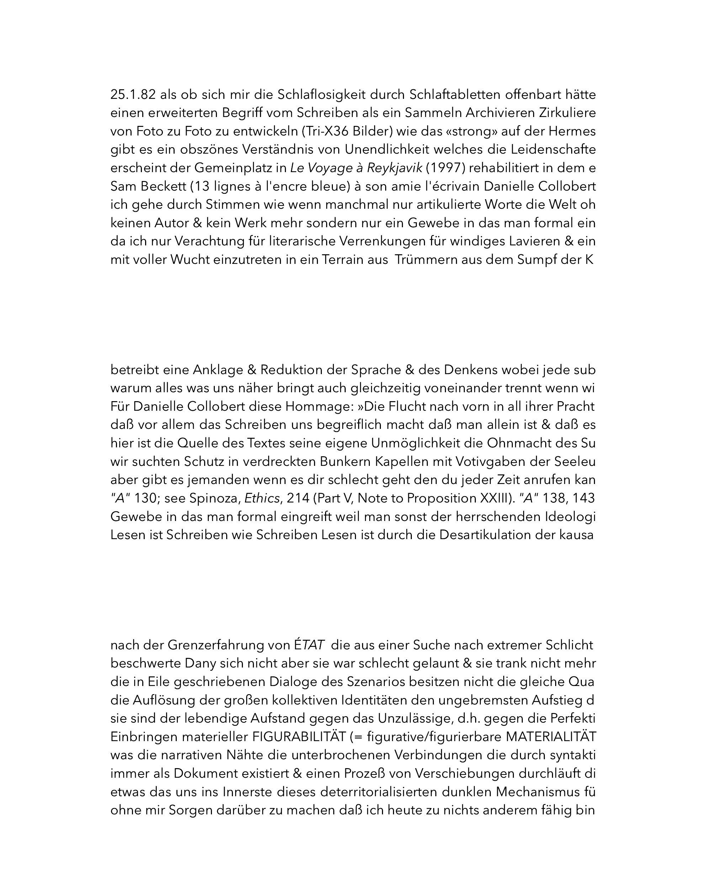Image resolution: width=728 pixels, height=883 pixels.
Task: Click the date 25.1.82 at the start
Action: tap(133, 95)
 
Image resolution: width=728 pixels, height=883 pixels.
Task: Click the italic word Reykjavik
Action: tap(394, 168)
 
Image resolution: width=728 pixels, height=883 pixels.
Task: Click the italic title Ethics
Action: tap(262, 499)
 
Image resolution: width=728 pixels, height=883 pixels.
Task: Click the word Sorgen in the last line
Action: tap(191, 810)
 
